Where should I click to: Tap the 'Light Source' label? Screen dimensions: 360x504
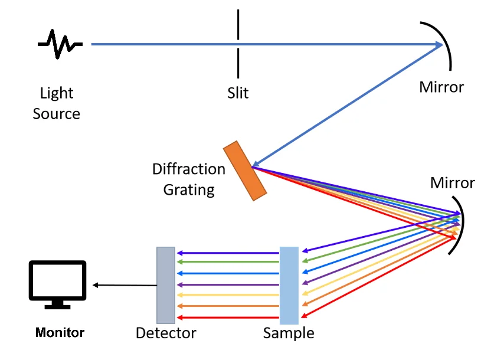[57, 103]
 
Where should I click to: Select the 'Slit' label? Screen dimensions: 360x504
[238, 93]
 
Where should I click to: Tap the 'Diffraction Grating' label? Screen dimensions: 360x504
[189, 179]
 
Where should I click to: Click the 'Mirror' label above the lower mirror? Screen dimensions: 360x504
[453, 182]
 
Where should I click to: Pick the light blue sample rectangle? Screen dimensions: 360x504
[289, 286]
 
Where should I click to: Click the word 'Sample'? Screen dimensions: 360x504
[289, 333]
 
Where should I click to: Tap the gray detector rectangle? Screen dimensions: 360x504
[166, 286]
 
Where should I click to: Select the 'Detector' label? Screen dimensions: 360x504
[166, 333]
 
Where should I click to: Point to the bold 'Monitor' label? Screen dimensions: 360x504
[60, 332]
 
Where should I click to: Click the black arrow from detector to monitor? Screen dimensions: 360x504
[124, 286]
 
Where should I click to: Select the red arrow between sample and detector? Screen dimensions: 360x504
[227, 318]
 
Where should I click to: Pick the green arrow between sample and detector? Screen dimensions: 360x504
[227, 262]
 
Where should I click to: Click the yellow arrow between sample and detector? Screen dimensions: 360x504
[227, 295]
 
